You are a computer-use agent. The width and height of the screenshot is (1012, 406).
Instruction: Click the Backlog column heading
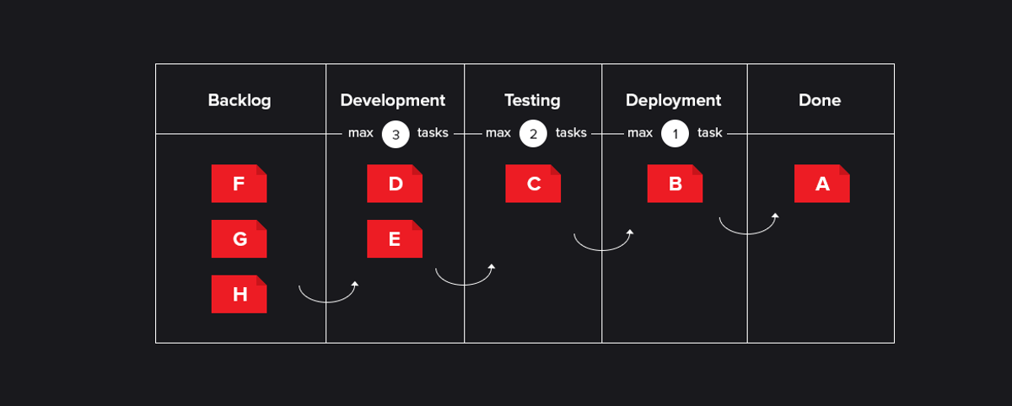coord(240,100)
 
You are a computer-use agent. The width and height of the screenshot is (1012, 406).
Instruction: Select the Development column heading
coord(393,100)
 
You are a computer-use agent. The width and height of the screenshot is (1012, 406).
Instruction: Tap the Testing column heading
coord(532,100)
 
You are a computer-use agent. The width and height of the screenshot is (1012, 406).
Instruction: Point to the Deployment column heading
coord(673,100)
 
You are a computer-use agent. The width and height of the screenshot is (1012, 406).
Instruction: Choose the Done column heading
coord(820,100)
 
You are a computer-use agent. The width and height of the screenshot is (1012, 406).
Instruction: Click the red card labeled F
coord(239,184)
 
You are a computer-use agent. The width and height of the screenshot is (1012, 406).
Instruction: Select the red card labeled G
coord(239,238)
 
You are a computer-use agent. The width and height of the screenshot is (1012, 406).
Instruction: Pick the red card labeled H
coord(239,294)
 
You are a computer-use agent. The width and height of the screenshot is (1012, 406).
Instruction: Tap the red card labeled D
coord(395,184)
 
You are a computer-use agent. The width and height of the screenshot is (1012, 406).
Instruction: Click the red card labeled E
coord(395,238)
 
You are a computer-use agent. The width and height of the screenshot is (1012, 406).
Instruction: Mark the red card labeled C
coord(533,184)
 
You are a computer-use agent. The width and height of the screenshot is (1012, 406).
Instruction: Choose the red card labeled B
coord(675,184)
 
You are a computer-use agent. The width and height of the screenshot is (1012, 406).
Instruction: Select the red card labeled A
coord(821,184)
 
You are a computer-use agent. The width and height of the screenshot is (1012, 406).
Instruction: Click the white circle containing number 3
coord(396,134)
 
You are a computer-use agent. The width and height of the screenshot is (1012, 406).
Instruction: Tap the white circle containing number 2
coord(533,134)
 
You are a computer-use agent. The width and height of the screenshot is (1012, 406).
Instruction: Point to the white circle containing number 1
coord(675,134)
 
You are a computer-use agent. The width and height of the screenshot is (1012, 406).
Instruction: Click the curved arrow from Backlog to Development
coord(327,302)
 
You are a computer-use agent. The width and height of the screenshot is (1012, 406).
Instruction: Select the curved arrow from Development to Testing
coord(464,285)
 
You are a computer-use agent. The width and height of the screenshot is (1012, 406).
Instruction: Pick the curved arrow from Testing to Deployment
coord(602,250)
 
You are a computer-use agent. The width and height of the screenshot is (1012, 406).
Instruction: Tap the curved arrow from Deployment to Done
coord(748,233)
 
